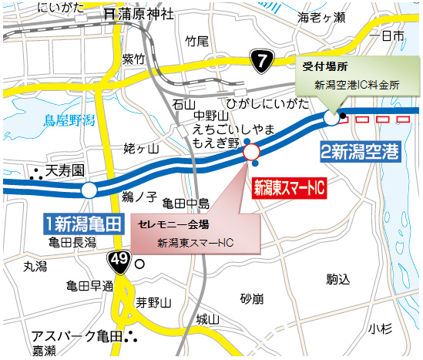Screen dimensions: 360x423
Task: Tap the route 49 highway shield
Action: pos(117,259)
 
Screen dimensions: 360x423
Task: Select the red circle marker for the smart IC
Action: pos(252,153)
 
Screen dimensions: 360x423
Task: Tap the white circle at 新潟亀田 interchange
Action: pos(89,190)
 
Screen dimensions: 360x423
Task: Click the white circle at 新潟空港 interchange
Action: pos(332,118)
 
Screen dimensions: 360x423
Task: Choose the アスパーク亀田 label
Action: pos(76,337)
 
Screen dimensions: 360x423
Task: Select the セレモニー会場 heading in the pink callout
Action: pos(173,225)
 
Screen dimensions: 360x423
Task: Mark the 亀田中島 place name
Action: pos(186,204)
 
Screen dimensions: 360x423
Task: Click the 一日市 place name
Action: pos(386,36)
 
